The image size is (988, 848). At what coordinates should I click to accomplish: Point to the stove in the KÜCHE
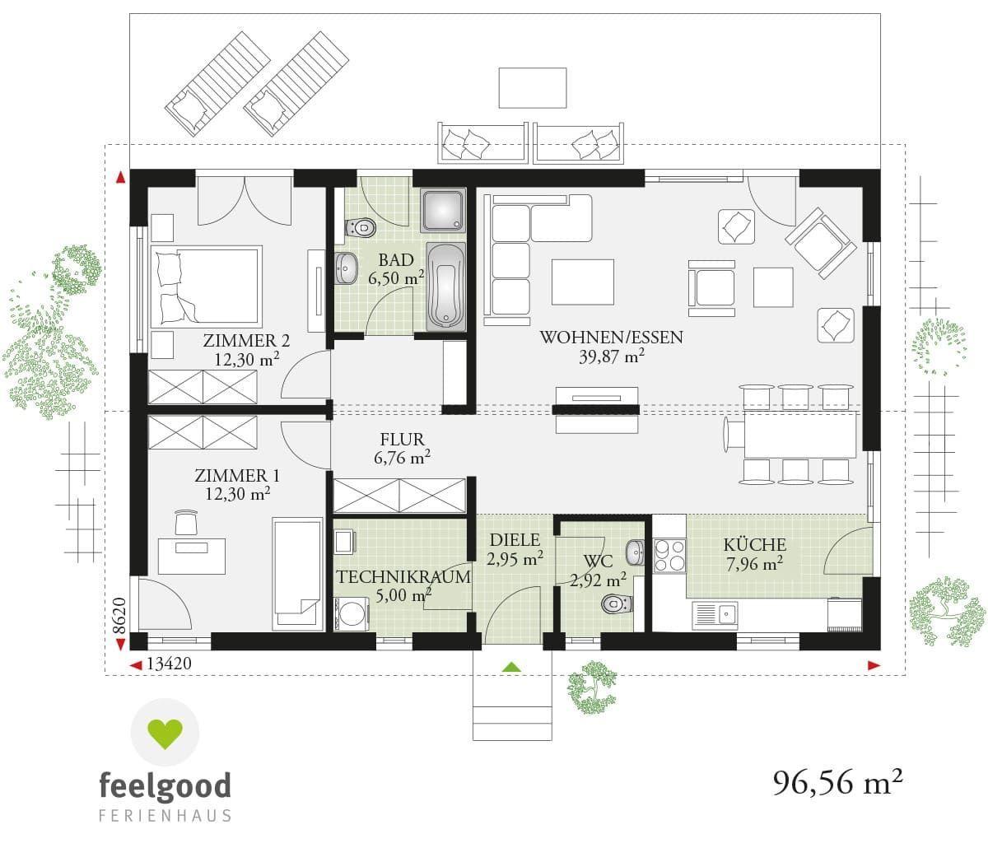pos(669,555)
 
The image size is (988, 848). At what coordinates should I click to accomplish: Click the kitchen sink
pos(714,613)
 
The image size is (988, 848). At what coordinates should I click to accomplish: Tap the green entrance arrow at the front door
pos(513,667)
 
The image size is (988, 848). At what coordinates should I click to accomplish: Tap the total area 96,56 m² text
pos(832,781)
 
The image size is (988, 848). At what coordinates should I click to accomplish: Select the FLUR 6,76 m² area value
pos(403,458)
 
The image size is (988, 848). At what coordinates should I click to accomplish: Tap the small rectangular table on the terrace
pos(532,88)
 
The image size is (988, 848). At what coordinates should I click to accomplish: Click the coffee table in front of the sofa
pos(583,282)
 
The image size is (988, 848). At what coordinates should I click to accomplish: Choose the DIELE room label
pos(514,540)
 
